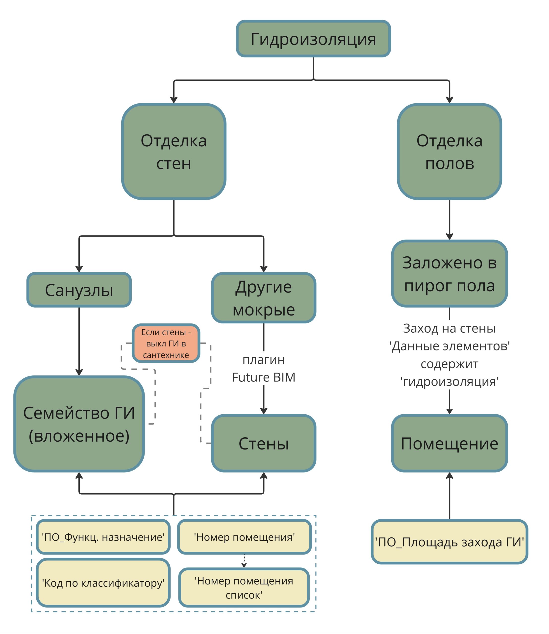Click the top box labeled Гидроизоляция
313,39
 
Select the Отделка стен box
174,152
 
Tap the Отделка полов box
449,152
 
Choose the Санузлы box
79,290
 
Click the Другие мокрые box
263,298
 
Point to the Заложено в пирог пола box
449,274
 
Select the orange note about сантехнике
166,343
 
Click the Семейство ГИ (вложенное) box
79,424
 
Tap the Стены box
263,443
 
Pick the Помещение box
449,443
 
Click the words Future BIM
263,377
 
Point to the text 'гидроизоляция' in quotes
449,382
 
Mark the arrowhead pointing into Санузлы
79,268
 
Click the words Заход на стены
449,328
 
